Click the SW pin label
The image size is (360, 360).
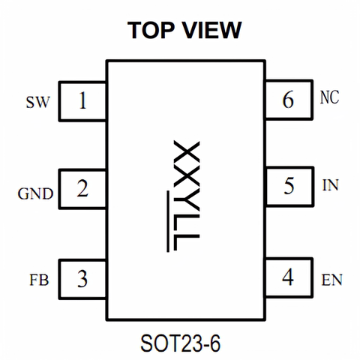click(x=38, y=102)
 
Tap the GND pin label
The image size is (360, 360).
click(x=35, y=193)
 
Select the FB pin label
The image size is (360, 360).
click(x=39, y=280)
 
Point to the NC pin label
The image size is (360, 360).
click(x=329, y=97)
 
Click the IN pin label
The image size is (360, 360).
click(x=330, y=185)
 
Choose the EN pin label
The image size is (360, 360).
click(x=331, y=280)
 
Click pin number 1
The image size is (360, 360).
click(x=82, y=100)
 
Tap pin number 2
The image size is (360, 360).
click(x=82, y=188)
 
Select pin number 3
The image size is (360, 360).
click(x=82, y=278)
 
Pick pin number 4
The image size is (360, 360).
click(x=288, y=277)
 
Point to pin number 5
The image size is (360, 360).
click(x=289, y=186)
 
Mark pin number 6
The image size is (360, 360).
click(x=288, y=100)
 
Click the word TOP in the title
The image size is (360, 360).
click(x=151, y=30)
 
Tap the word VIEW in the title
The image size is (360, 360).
click(x=212, y=30)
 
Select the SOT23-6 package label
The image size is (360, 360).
click(x=181, y=343)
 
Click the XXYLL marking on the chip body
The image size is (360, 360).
click(x=187, y=196)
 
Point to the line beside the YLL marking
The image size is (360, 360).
click(x=168, y=221)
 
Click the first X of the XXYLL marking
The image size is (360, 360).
click(x=187, y=152)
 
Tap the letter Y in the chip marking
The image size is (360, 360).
click(x=187, y=202)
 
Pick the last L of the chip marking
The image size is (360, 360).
click(x=187, y=242)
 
